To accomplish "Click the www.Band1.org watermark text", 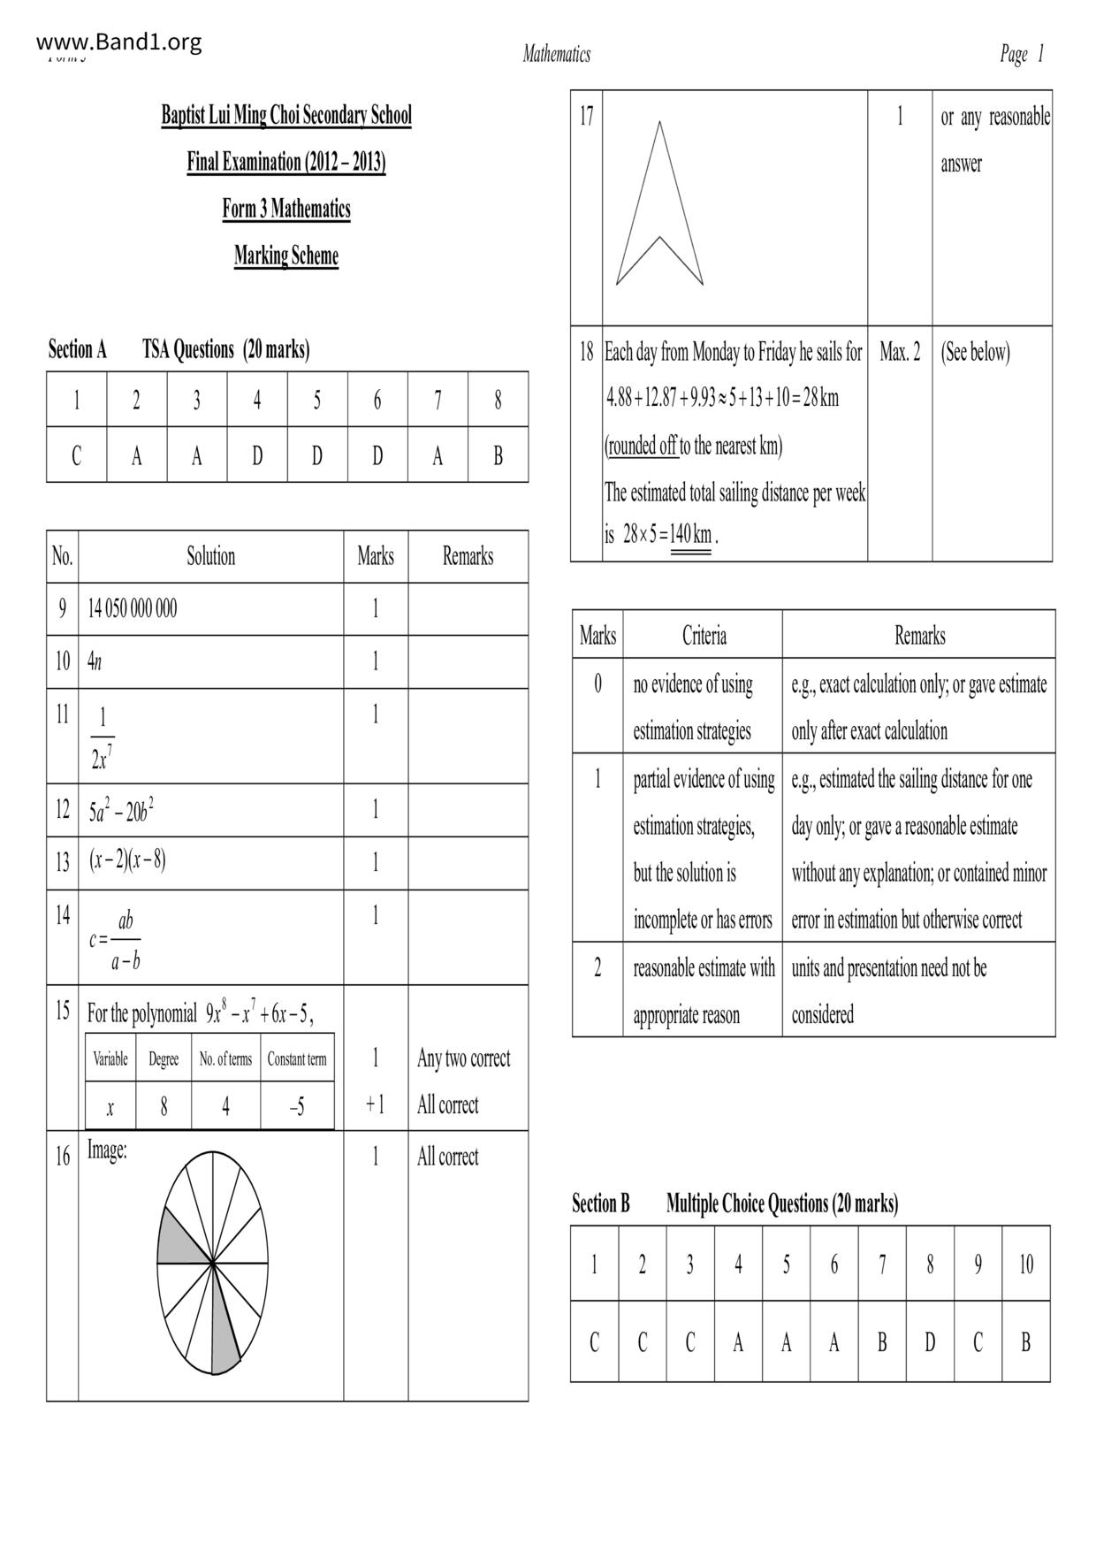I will [x=119, y=42].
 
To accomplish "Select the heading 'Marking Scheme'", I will [x=285, y=256].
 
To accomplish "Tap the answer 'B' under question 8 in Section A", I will [x=498, y=455].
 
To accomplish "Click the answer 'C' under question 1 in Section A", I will [x=76, y=455].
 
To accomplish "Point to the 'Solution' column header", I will [x=210, y=556].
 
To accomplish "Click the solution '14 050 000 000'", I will [x=132, y=608].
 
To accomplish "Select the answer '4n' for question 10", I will [x=95, y=661].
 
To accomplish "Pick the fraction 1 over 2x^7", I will [x=103, y=737].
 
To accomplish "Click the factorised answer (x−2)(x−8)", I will [x=127, y=861].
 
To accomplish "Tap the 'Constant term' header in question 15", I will [x=297, y=1058].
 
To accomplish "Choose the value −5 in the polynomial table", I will [x=297, y=1106].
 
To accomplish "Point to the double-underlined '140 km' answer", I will [x=690, y=535].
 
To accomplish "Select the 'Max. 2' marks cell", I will [x=899, y=352].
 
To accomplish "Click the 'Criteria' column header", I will [x=704, y=635].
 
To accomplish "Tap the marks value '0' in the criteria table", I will [x=597, y=684].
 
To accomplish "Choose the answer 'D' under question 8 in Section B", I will [x=929, y=1342].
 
